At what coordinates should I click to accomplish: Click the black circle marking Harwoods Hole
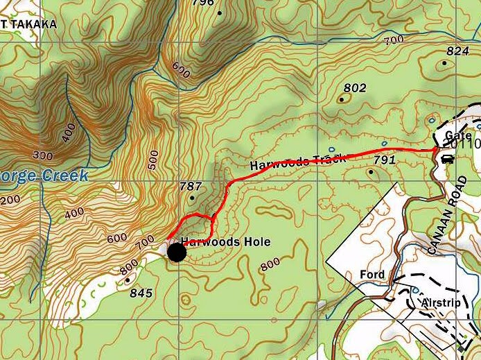click(177, 252)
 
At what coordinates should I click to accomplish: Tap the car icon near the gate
click(447, 160)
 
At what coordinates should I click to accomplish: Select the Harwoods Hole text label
click(225, 242)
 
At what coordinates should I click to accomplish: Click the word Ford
click(372, 275)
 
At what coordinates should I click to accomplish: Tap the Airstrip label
click(440, 304)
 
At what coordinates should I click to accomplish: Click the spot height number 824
click(458, 51)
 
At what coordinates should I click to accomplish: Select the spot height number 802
click(354, 88)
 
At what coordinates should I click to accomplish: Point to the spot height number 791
click(384, 160)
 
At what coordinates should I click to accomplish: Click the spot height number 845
click(141, 293)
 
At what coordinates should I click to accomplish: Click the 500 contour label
click(153, 160)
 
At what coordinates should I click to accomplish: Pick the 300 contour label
click(43, 155)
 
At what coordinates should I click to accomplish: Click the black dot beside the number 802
click(341, 99)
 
